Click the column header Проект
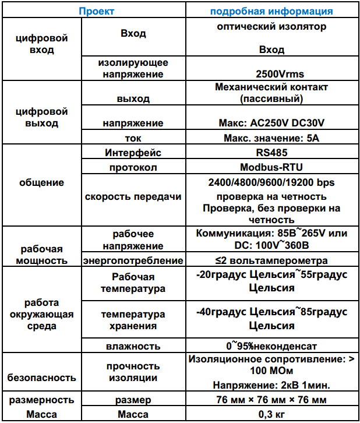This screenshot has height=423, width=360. click(97, 11)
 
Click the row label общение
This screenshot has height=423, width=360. click(41, 182)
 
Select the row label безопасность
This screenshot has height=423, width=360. click(41, 377)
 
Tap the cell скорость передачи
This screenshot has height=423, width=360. click(133, 196)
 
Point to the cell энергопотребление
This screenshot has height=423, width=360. click(133, 260)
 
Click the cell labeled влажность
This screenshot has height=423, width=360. click(133, 346)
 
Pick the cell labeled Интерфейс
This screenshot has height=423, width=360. click(133, 153)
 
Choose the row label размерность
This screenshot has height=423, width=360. click(41, 400)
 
